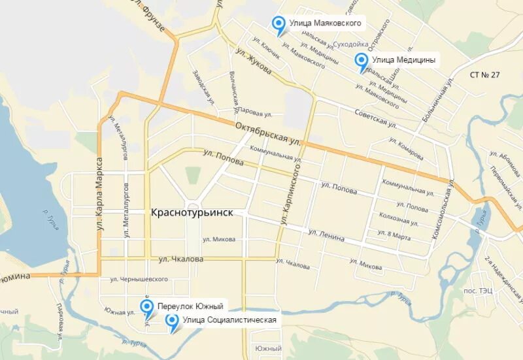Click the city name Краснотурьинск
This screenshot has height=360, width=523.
tap(192, 213)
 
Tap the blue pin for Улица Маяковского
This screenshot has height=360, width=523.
tap(279, 25)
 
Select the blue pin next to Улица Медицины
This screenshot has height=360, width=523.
tap(361, 61)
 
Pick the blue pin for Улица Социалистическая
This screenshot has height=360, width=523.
tap(173, 321)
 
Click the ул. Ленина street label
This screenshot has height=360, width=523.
tap(326, 235)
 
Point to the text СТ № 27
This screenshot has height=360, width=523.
tap(484, 74)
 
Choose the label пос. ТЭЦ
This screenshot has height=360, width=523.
tap(494, 289)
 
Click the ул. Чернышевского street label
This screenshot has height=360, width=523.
tap(139, 279)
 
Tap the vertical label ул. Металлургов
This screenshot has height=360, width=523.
tap(125, 209)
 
